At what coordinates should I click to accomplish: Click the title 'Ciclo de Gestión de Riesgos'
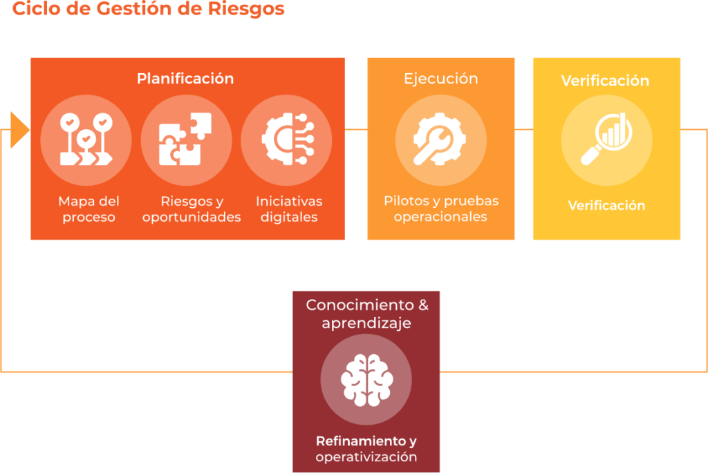click(149, 9)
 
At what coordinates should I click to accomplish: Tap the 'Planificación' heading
click(185, 78)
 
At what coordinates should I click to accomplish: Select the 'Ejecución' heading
click(441, 78)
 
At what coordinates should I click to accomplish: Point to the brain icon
click(366, 380)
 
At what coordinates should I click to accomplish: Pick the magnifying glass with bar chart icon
click(606, 140)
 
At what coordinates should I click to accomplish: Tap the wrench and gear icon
click(440, 140)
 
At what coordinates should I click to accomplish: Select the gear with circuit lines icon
click(286, 140)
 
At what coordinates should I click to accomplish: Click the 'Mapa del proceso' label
click(88, 209)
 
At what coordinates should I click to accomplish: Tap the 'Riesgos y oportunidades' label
click(192, 209)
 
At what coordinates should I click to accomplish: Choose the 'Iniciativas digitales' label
click(289, 209)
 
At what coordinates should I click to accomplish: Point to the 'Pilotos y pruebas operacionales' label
click(441, 209)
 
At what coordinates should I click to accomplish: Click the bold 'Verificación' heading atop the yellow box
click(605, 81)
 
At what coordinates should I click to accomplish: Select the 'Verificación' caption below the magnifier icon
click(606, 205)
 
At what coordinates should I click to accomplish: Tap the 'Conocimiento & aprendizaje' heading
click(366, 313)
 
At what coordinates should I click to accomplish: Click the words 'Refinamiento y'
click(366, 441)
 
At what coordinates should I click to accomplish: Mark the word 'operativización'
click(366, 456)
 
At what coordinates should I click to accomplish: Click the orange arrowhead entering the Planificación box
click(19, 129)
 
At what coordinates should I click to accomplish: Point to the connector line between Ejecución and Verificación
click(524, 129)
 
